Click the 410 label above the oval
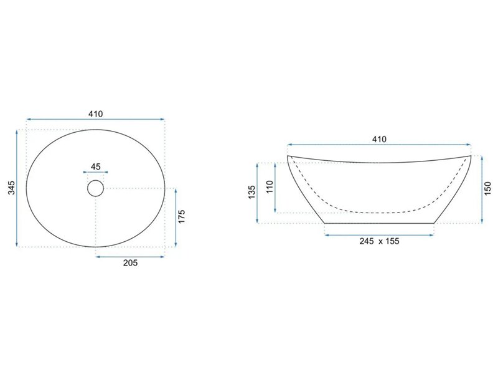(x=96, y=114)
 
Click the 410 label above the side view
(x=379, y=139)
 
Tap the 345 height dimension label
(x=11, y=188)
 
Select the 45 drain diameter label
(x=96, y=166)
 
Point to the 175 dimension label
(x=181, y=216)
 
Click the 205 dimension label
(x=131, y=262)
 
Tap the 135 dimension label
(x=251, y=192)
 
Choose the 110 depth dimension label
(x=270, y=187)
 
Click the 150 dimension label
(x=488, y=188)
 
